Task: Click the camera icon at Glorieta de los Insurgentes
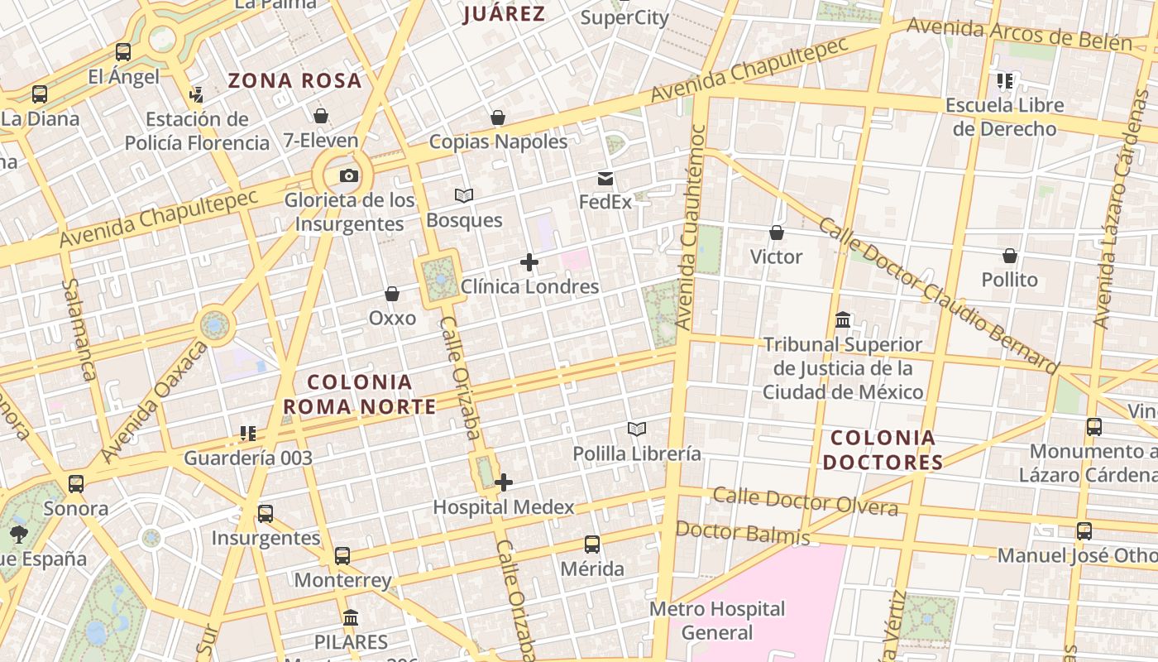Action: coord(349,175)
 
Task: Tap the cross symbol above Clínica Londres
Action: coord(529,263)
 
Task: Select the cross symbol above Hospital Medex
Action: coord(504,482)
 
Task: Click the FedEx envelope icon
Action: coord(605,178)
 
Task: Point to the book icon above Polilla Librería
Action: coord(636,429)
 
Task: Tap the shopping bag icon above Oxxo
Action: coord(392,294)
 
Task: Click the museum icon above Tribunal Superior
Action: coord(843,319)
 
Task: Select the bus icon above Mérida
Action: coord(592,544)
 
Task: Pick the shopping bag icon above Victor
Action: coord(776,233)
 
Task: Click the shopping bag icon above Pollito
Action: coord(1009,256)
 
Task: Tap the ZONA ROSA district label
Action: coord(295,81)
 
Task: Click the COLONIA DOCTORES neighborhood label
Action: coord(883,449)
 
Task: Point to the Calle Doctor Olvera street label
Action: coord(805,501)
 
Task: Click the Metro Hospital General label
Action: coord(717,621)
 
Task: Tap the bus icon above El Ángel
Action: coord(123,52)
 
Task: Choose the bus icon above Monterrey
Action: coord(342,556)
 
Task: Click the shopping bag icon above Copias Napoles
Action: coord(498,118)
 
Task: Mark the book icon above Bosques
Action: coord(464,196)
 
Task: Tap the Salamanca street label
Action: coord(79,329)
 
